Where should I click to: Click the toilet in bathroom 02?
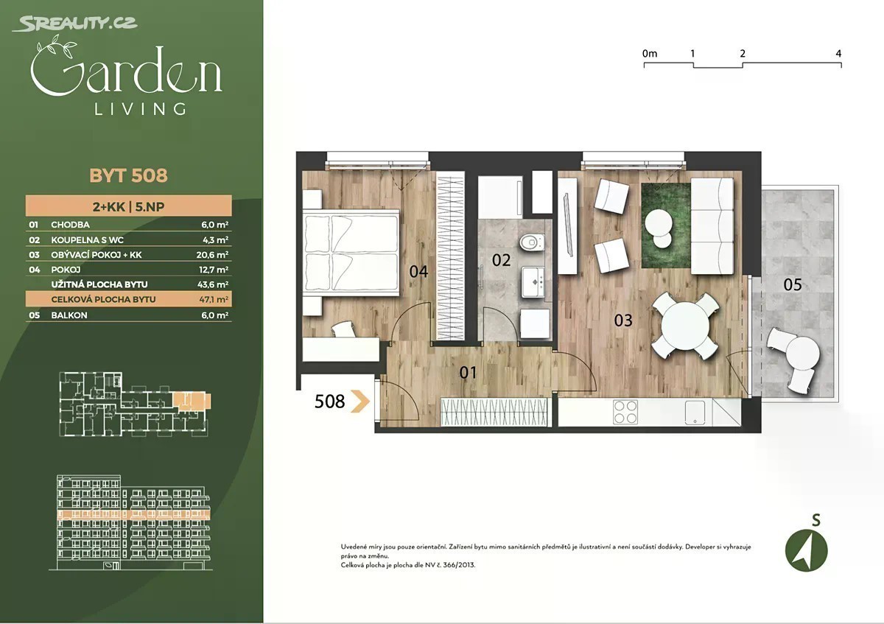(x=532, y=242)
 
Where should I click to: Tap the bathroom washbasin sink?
(x=533, y=282)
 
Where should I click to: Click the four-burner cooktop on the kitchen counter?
(x=625, y=412)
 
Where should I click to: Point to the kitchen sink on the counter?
(x=695, y=413)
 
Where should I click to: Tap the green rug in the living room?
(x=666, y=225)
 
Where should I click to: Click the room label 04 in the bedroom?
(x=418, y=272)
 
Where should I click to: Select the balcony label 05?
(x=793, y=284)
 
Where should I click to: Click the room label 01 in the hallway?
(x=468, y=373)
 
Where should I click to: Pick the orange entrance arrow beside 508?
(x=361, y=402)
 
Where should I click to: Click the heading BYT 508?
(x=129, y=175)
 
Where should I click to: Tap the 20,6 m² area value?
(x=212, y=255)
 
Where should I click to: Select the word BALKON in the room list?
(x=69, y=315)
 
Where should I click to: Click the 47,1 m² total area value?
(x=214, y=300)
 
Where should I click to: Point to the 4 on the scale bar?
(x=838, y=53)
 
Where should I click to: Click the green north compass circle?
(x=806, y=550)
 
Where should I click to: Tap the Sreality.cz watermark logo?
(x=75, y=24)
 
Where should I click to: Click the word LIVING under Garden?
(x=140, y=109)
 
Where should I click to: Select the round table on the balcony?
(x=803, y=353)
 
